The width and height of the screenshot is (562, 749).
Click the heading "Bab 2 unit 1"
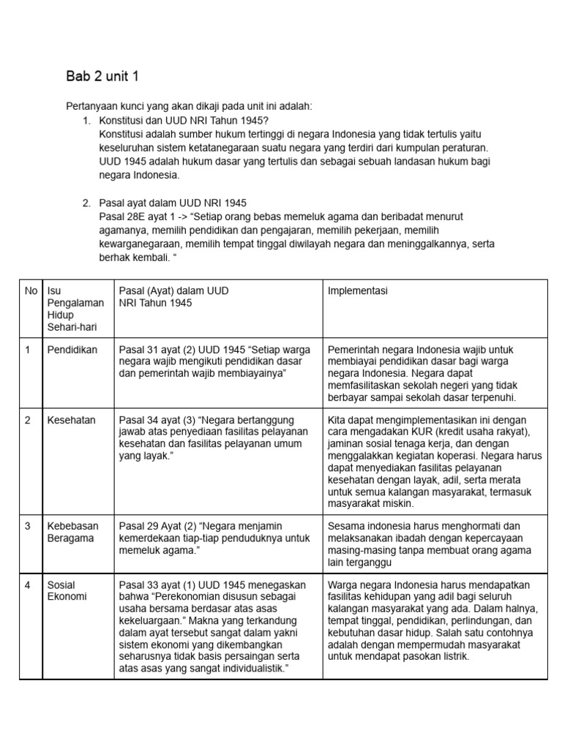(x=102, y=77)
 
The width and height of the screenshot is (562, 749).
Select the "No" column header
(x=31, y=290)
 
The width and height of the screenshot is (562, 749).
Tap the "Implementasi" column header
(x=358, y=290)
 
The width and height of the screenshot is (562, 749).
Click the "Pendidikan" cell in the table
(x=72, y=350)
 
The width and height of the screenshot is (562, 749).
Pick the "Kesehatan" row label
(x=70, y=420)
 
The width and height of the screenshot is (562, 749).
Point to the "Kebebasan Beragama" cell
(x=72, y=532)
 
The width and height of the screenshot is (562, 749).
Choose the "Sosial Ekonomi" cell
(x=67, y=590)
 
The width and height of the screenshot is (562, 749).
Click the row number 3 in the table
(x=28, y=526)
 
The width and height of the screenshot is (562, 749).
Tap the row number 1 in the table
(x=28, y=350)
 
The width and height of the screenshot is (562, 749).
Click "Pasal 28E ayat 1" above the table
(x=139, y=217)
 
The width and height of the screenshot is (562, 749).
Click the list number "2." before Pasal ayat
(x=86, y=203)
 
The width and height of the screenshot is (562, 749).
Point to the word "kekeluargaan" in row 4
(x=148, y=621)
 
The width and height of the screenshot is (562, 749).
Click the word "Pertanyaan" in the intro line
(x=91, y=106)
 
